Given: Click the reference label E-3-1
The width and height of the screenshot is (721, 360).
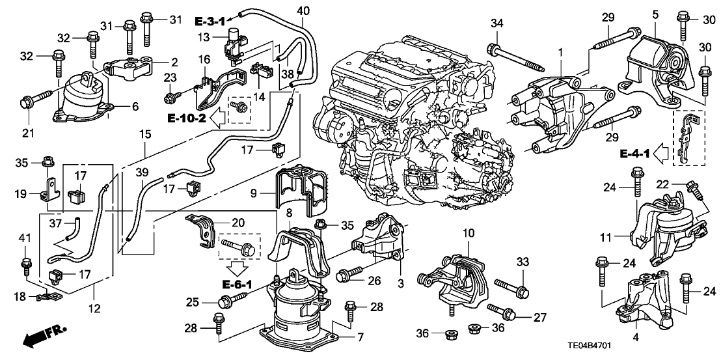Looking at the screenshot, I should point(213,21).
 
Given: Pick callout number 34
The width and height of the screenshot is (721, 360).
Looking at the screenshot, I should point(496,25).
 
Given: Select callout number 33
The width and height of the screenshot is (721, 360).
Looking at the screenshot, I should point(521,262).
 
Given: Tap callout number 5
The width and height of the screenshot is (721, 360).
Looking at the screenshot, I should point(655,13).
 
